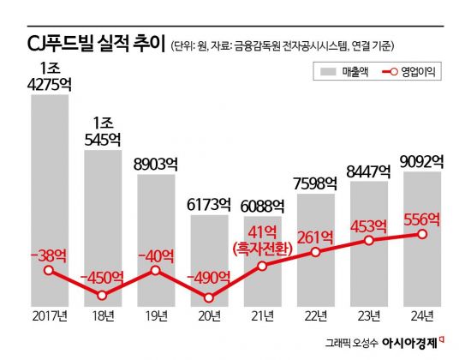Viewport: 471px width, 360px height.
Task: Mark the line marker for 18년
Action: click(x=102, y=296)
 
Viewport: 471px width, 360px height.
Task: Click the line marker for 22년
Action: click(x=315, y=252)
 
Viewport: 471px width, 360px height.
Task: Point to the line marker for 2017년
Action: click(x=49, y=271)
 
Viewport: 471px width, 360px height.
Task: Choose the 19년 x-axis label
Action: click(x=155, y=317)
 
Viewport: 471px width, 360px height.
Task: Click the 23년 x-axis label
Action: click(x=368, y=317)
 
